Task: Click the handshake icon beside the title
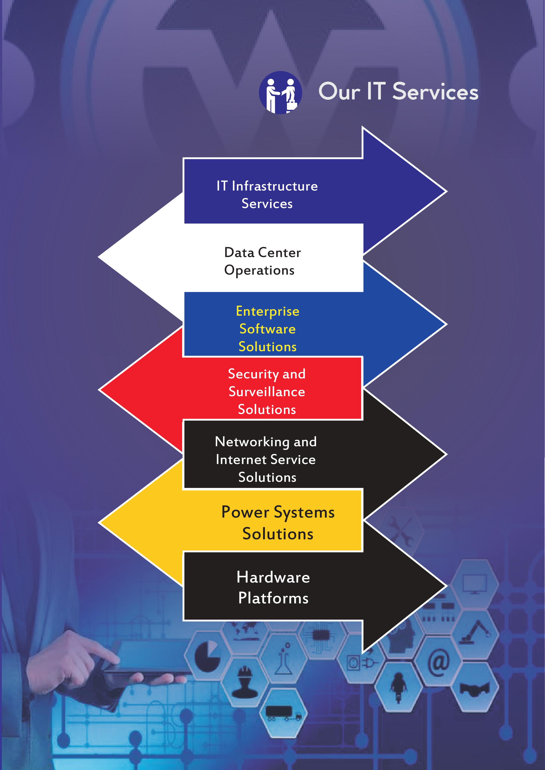(x=280, y=93)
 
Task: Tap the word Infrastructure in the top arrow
(x=275, y=186)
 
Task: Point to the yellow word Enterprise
(x=268, y=311)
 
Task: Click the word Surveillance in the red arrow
(x=267, y=392)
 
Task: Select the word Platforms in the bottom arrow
(x=273, y=598)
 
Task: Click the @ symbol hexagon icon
(x=438, y=663)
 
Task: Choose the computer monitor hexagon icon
(x=474, y=584)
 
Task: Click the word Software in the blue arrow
(x=268, y=329)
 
